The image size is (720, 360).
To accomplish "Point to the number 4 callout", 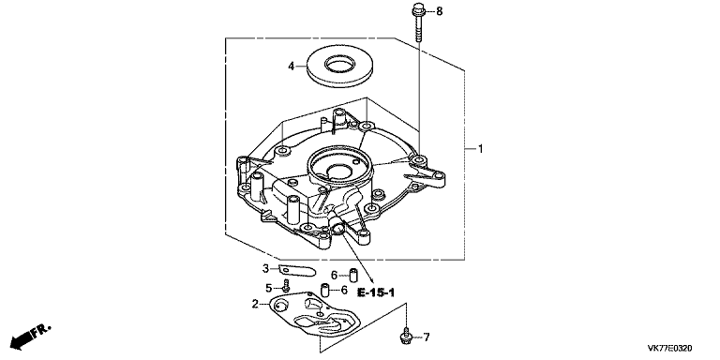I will [292, 67].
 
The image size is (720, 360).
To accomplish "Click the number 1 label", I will [481, 149].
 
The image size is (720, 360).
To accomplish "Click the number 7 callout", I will [426, 337].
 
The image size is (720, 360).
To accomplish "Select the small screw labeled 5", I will [283, 287].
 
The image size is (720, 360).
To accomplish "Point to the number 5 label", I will [268, 287].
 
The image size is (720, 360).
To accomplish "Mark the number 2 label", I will [254, 304].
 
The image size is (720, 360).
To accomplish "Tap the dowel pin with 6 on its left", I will [354, 275].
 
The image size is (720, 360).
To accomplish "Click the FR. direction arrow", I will [27, 335].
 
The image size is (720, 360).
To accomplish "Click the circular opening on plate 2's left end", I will [278, 304].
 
